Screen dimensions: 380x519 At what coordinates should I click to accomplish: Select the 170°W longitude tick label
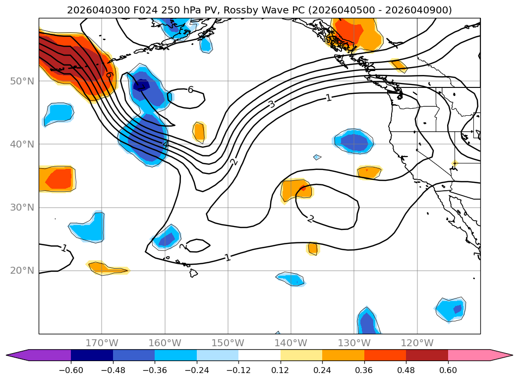pyautogui.click(x=102, y=343)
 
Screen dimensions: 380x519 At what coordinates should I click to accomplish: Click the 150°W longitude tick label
pyautogui.click(x=228, y=343)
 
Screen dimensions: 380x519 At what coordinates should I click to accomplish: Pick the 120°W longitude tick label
pyautogui.click(x=417, y=343)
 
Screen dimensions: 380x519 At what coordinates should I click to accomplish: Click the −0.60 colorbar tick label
pyautogui.click(x=71, y=370)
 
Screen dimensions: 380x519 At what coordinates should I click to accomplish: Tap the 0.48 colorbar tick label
pyautogui.click(x=406, y=370)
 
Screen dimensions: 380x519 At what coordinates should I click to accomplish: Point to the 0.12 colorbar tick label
pyautogui.click(x=280, y=370)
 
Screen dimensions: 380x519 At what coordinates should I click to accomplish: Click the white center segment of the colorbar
pyautogui.click(x=259, y=355)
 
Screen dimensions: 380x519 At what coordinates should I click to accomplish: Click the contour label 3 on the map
pyautogui.click(x=271, y=104)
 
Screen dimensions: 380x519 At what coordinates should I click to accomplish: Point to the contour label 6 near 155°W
pyautogui.click(x=190, y=90)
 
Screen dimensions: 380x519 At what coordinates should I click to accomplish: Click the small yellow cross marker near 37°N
pyautogui.click(x=455, y=163)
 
